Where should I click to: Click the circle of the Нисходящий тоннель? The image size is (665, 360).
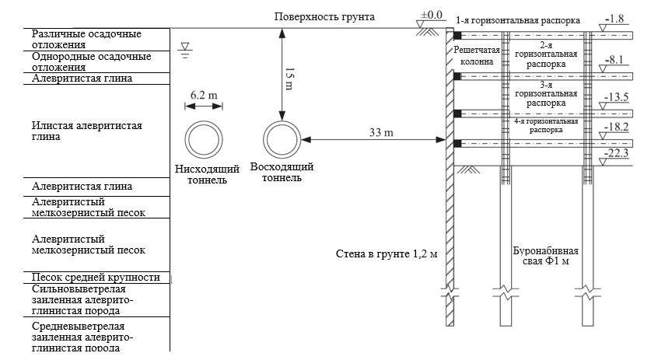[x=203, y=141]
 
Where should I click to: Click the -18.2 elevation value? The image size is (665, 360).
[x=614, y=125]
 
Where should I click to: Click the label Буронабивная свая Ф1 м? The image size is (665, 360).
[x=545, y=257]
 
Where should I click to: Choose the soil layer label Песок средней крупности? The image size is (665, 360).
[x=96, y=277]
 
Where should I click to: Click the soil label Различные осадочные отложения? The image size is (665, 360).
[x=86, y=40]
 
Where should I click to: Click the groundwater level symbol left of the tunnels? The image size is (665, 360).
[x=184, y=51]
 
